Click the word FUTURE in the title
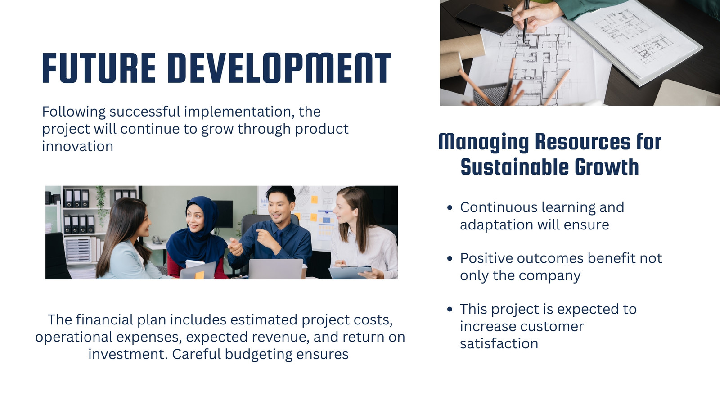(x=99, y=68)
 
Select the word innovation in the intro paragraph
(x=78, y=146)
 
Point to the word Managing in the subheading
(x=484, y=142)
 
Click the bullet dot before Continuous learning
(x=450, y=207)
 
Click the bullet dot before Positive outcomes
(x=450, y=258)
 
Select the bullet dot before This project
(x=450, y=309)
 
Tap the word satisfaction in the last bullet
(x=499, y=343)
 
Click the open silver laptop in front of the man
(x=276, y=269)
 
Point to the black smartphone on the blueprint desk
(x=485, y=19)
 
